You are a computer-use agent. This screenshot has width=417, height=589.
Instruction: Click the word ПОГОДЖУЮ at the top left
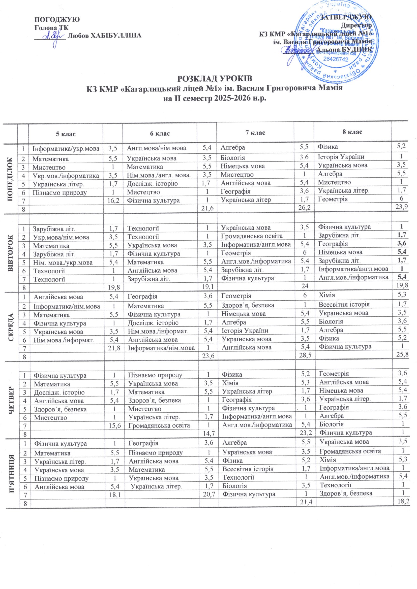click(x=57, y=19)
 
